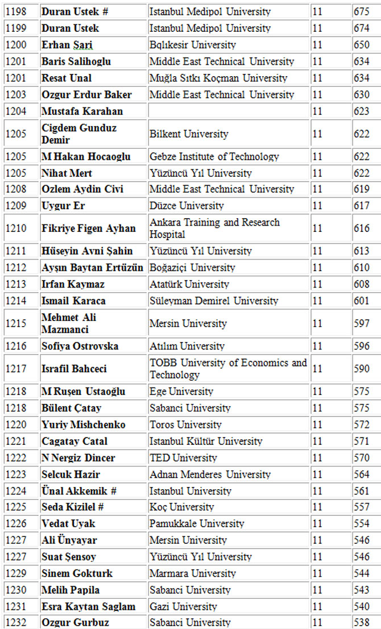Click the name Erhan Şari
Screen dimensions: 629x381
tap(67, 45)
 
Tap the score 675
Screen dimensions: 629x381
tap(361, 12)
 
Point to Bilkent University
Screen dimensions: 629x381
tap(189, 134)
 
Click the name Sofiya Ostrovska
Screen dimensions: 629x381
tap(80, 346)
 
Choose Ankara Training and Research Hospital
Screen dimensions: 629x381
tap(214, 228)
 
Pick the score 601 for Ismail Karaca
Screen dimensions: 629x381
tap(361, 301)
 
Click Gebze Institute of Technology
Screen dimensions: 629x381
tap(214, 157)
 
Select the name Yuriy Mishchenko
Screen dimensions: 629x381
tap(84, 425)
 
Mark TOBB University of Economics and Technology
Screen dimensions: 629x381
tap(228, 369)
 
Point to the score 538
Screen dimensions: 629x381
tap(361, 623)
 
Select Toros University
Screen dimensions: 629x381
tap(185, 425)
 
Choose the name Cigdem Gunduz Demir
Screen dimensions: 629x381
tap(79, 134)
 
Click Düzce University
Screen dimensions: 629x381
tap(187, 206)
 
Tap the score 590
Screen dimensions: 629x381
tap(361, 369)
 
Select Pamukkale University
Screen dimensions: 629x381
tap(197, 523)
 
